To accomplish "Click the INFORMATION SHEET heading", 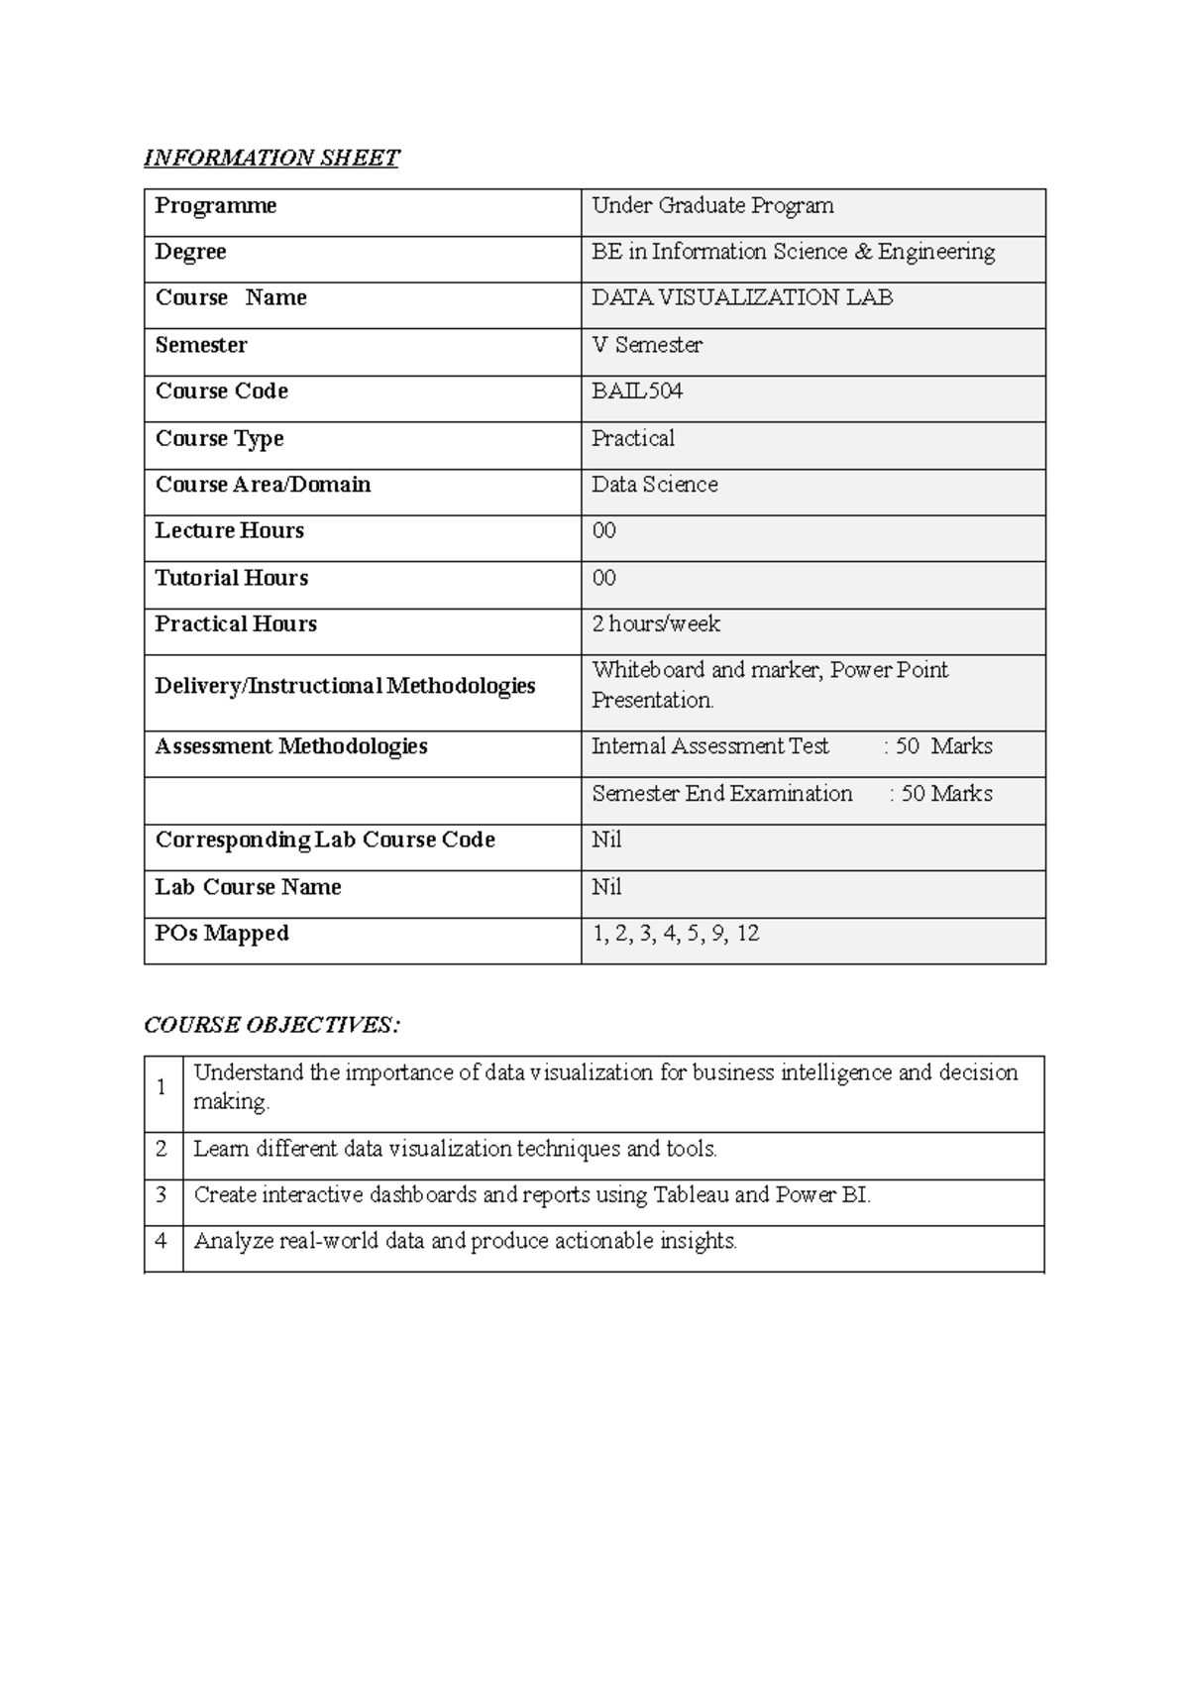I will (x=271, y=159).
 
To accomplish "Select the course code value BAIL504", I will (x=637, y=392).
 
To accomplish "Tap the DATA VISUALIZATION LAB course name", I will (x=742, y=298).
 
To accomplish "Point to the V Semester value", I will (x=647, y=345).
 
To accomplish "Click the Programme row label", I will (x=216, y=206).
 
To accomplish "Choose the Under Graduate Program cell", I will (x=712, y=206).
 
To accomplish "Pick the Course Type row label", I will (x=220, y=438).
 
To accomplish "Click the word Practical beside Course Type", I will (x=633, y=438).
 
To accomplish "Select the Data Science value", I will (x=655, y=485).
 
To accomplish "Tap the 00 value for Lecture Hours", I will (x=604, y=531).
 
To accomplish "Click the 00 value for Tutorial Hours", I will (x=604, y=578).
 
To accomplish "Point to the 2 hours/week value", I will (x=656, y=624).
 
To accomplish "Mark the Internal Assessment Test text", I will (x=710, y=746).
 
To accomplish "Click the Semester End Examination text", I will (x=722, y=794).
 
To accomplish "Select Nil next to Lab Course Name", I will (x=606, y=887).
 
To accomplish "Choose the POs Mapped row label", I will (x=222, y=934).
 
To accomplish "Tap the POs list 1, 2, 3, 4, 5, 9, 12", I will (x=676, y=934).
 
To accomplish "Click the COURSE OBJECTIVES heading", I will (x=272, y=1025).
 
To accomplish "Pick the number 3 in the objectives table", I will (x=162, y=1195).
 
